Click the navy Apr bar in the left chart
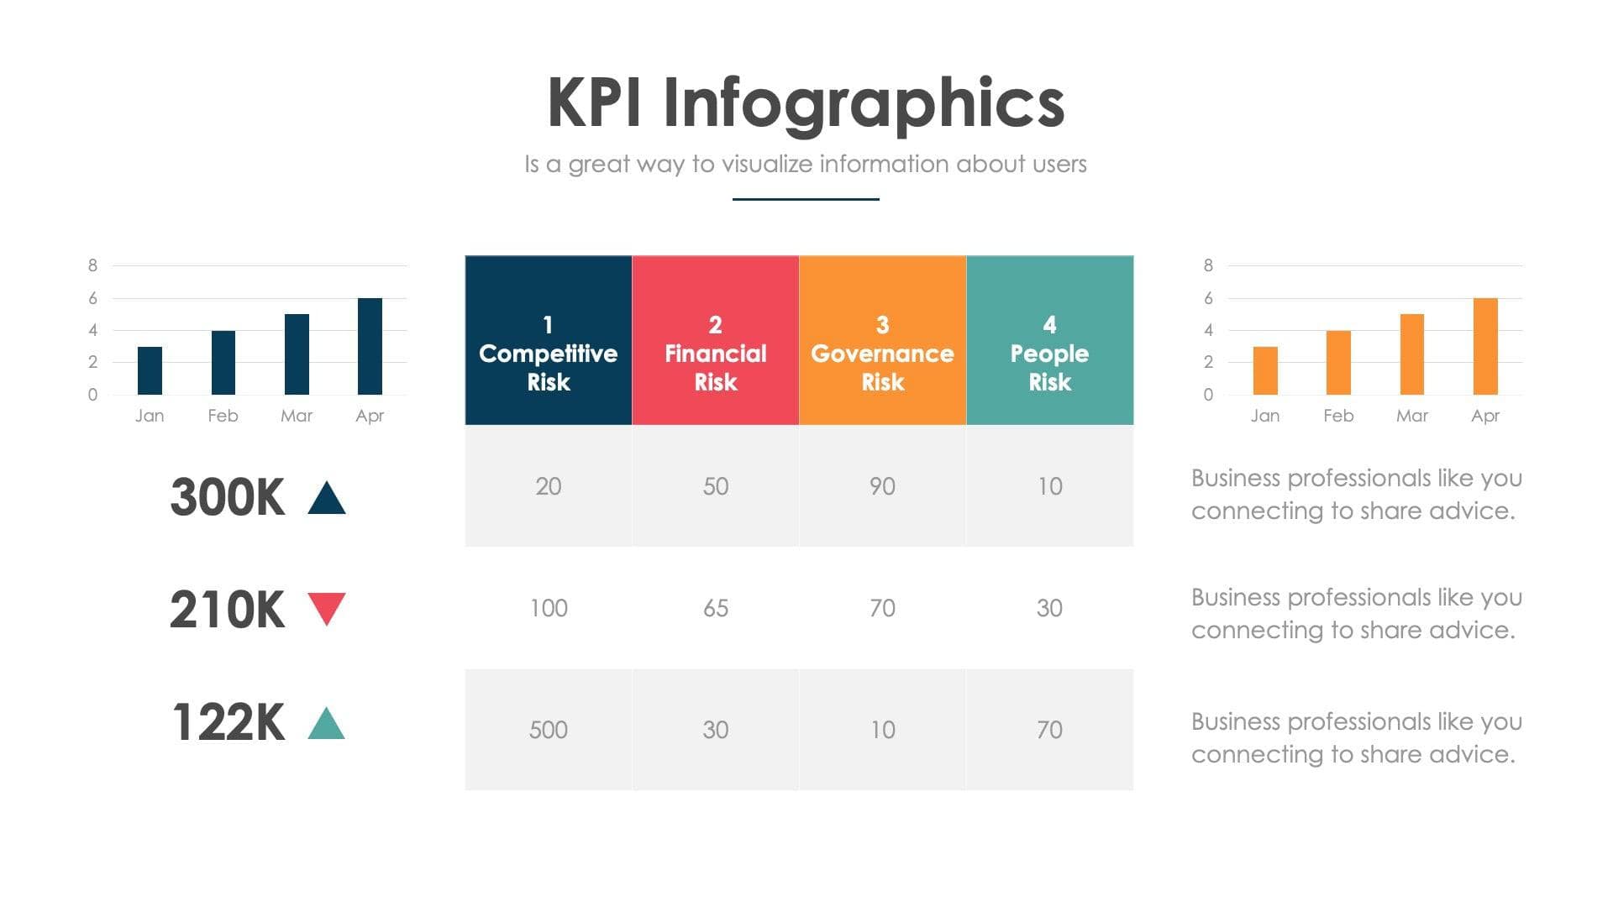[x=370, y=346]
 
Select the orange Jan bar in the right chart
[x=1265, y=370]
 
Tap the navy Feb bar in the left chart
[x=223, y=363]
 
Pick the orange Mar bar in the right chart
[x=1412, y=354]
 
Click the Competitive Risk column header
[x=549, y=340]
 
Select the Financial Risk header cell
[x=716, y=340]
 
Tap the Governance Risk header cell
[x=882, y=340]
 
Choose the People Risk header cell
[x=1049, y=340]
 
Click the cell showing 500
[x=549, y=729]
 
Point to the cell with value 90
[x=882, y=486]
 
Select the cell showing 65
[x=716, y=608]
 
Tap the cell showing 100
[x=549, y=608]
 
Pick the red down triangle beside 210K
[x=327, y=607]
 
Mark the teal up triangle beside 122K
[x=327, y=725]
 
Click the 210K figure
[x=227, y=610]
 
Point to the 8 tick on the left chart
[x=92, y=265]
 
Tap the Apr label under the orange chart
[x=1485, y=416]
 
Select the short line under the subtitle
[x=806, y=199]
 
